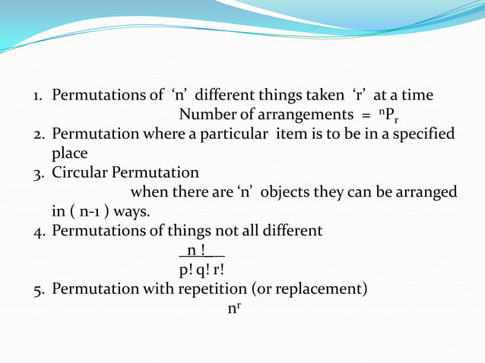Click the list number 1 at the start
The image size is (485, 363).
(36, 96)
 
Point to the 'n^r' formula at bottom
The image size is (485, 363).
(234, 308)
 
